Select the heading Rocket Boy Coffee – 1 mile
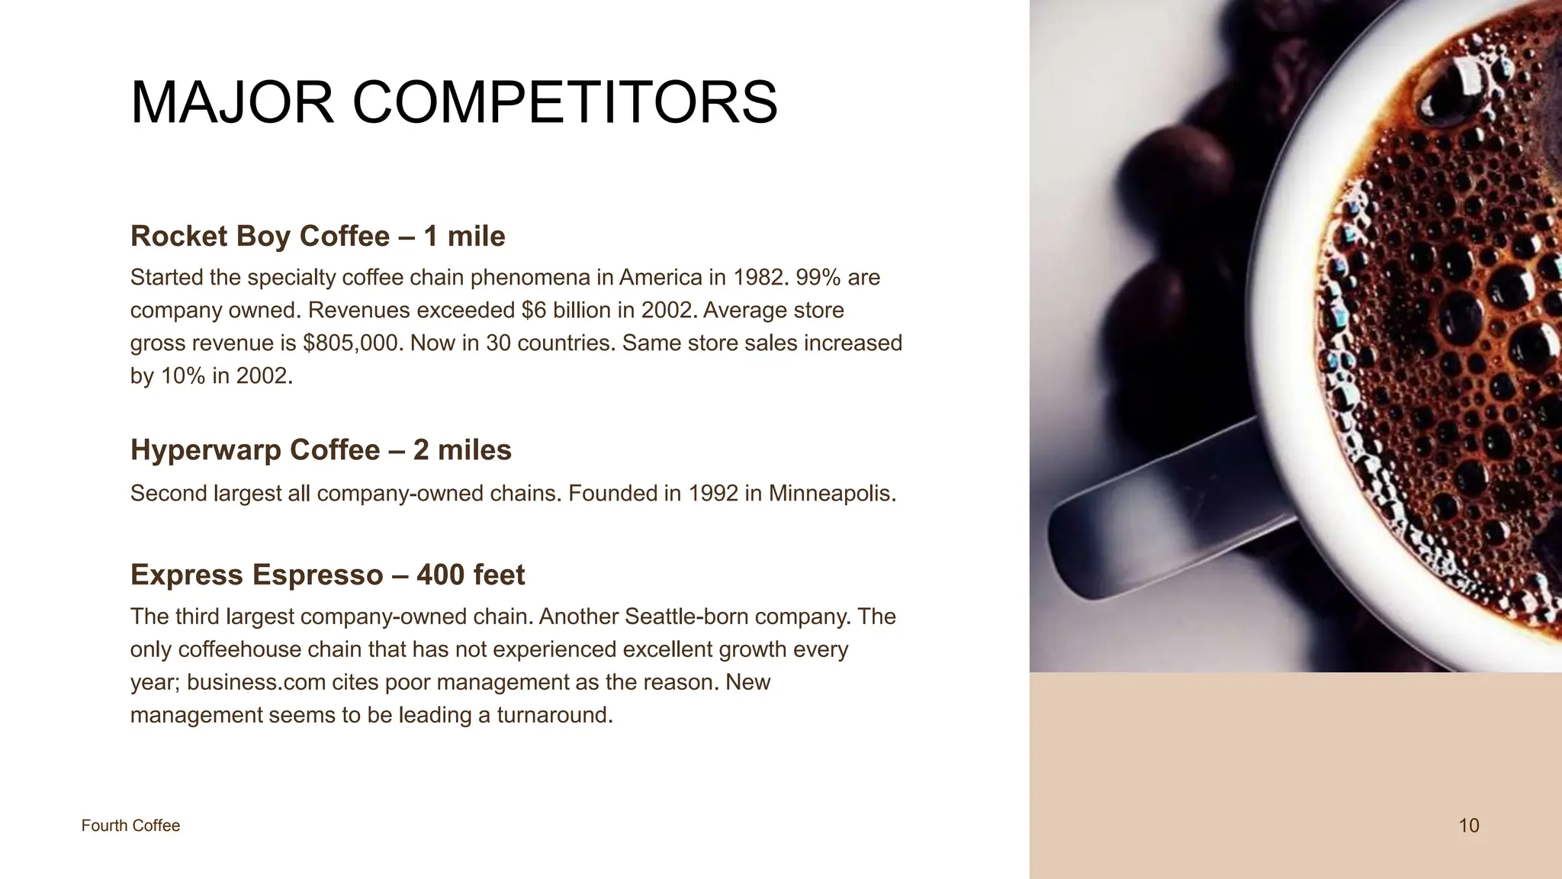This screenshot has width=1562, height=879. click(317, 236)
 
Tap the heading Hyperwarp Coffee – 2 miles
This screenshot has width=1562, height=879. click(320, 449)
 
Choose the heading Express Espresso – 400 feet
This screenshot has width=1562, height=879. click(327, 575)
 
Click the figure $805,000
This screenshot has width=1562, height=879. click(351, 343)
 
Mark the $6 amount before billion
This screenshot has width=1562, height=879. click(534, 310)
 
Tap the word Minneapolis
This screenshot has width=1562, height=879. click(831, 493)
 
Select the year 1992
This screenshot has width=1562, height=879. click(713, 493)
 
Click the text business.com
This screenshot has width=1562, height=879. click(256, 681)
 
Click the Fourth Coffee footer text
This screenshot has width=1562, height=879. click(130, 826)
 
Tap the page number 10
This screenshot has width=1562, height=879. click(1468, 826)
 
